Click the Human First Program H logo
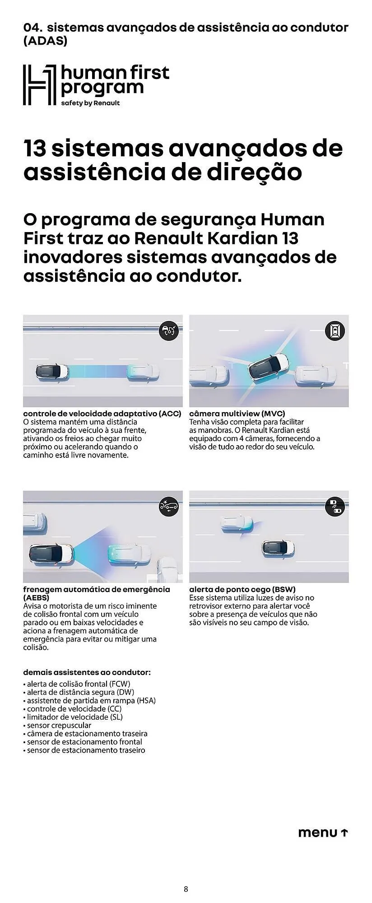(40, 85)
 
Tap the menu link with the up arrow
(323, 833)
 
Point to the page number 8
(186, 889)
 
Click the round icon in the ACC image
(169, 331)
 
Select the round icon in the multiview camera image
(335, 331)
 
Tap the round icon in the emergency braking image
(169, 507)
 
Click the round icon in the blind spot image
(335, 507)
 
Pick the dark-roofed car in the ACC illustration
(52, 372)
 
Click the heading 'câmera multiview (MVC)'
(237, 413)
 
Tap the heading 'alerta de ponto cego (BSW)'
(242, 589)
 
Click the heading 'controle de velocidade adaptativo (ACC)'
(102, 413)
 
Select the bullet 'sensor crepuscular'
(59, 725)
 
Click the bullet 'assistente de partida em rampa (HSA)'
(91, 700)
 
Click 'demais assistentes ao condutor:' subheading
(87, 672)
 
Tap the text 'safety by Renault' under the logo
(90, 103)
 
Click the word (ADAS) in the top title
(45, 41)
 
